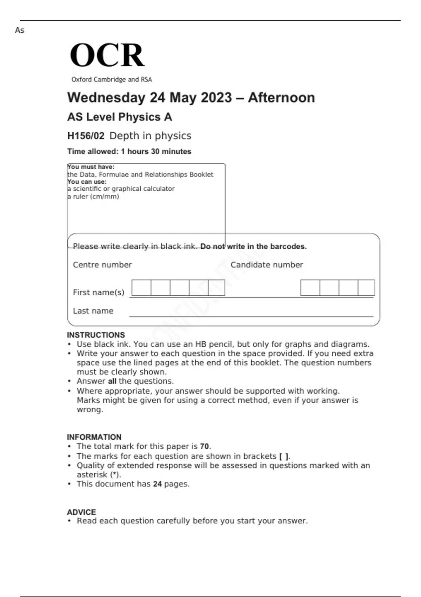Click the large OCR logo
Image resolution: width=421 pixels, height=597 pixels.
(x=107, y=55)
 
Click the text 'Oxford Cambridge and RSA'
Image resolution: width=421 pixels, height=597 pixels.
(x=112, y=79)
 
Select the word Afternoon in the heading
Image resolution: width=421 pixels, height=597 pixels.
(x=281, y=98)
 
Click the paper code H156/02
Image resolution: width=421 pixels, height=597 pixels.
(x=86, y=136)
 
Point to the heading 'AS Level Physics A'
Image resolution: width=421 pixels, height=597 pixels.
(x=119, y=117)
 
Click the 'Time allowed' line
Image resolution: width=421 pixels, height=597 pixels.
(x=129, y=151)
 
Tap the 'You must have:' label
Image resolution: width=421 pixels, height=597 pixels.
(x=91, y=167)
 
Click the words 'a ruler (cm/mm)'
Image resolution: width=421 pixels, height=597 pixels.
(x=93, y=196)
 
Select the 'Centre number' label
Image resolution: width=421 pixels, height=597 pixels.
(x=102, y=265)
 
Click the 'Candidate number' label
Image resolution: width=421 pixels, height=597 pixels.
(x=267, y=265)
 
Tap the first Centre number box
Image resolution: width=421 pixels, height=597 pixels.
(x=141, y=288)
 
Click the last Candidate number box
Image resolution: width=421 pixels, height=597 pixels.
(x=366, y=288)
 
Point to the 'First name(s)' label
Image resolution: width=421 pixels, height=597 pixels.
(x=99, y=292)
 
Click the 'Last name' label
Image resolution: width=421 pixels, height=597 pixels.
(x=93, y=311)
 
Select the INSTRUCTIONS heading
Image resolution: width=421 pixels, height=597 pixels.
(x=96, y=335)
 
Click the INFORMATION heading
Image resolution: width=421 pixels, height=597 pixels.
(x=94, y=437)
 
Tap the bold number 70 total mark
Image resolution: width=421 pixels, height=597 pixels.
(x=204, y=446)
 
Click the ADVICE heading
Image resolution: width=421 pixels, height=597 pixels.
(x=81, y=512)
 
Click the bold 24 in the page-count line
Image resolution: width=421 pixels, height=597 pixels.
(x=157, y=484)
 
